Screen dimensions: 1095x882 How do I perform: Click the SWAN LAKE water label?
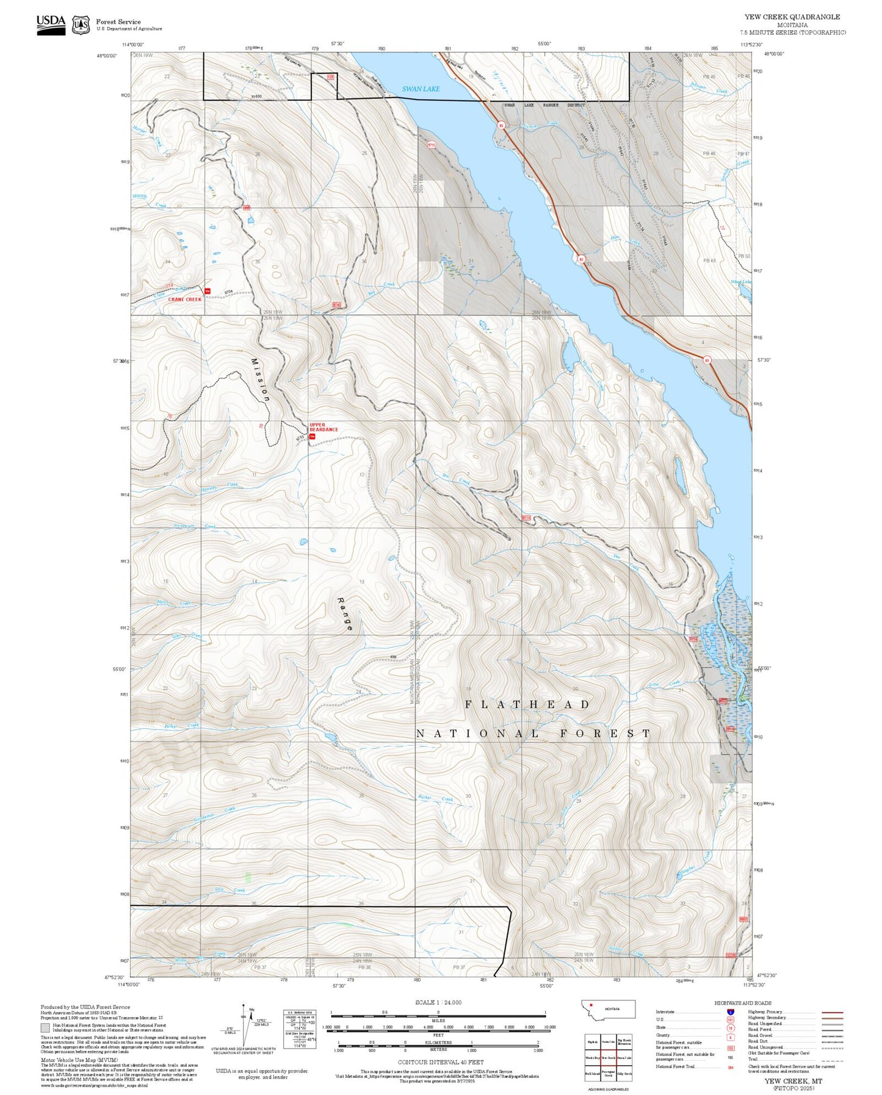click(421, 89)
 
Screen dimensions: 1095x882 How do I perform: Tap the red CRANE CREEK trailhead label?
click(185, 299)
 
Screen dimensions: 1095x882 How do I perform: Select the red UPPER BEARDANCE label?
click(324, 427)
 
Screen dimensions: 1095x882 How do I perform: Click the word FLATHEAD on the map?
click(528, 704)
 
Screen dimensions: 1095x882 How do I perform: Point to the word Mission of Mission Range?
click(261, 380)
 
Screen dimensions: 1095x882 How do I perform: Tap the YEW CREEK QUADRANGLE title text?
click(792, 16)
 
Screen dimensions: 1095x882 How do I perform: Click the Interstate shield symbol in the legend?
click(731, 1012)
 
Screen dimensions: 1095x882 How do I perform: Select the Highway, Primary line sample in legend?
click(832, 1012)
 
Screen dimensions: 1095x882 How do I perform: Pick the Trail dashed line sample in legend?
click(832, 1060)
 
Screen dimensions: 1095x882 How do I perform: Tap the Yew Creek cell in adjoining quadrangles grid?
click(608, 1058)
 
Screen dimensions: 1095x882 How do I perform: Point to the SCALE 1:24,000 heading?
click(438, 1002)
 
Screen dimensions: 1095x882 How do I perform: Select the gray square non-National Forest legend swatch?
click(45, 1028)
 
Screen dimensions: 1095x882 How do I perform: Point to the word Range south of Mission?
click(345, 613)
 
